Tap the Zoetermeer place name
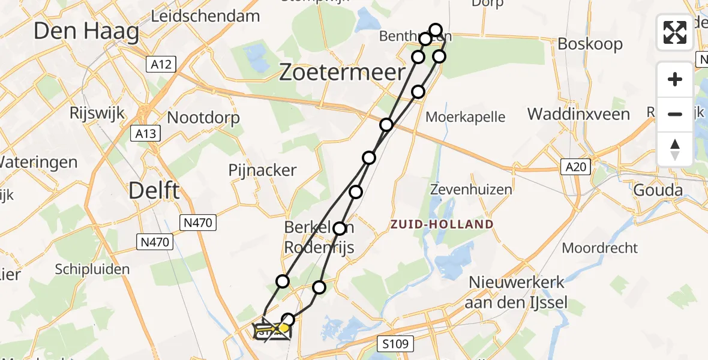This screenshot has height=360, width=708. coord(343,73)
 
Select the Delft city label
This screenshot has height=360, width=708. coord(154,191)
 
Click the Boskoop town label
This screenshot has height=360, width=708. coord(590,44)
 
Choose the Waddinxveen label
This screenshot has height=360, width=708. coord(578,114)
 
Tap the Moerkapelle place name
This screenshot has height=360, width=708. coord(465,117)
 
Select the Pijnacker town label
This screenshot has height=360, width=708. coord(262,170)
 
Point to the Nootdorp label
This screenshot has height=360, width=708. coord(203,118)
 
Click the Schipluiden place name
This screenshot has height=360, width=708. coord(92,269)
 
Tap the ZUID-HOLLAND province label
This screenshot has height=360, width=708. coord(442,224)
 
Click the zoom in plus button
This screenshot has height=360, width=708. coord(675,79)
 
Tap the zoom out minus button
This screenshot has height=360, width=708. coord(675,114)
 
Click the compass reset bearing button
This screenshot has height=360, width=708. coord(675,149)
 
